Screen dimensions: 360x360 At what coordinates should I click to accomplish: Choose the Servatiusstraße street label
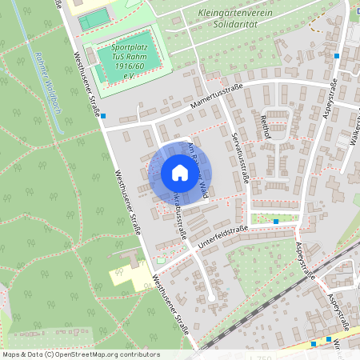(239, 155)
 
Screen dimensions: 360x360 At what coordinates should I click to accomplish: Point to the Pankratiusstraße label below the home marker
(178, 216)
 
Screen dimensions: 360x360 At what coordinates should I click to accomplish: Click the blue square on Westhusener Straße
(103, 116)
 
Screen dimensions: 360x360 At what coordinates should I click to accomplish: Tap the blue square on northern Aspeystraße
(337, 56)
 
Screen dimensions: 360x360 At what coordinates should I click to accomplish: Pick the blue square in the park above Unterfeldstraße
(276, 220)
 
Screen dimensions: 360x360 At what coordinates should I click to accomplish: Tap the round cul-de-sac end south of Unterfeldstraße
(210, 298)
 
